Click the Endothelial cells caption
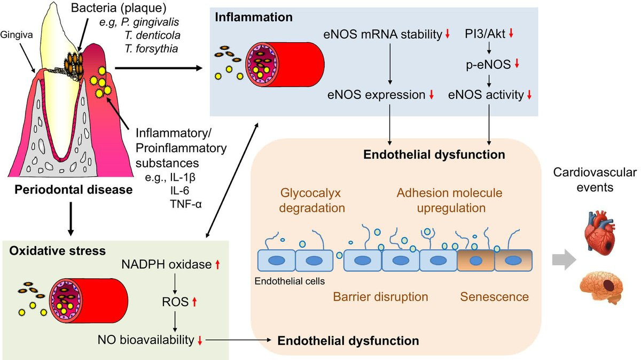(x=290, y=280)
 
